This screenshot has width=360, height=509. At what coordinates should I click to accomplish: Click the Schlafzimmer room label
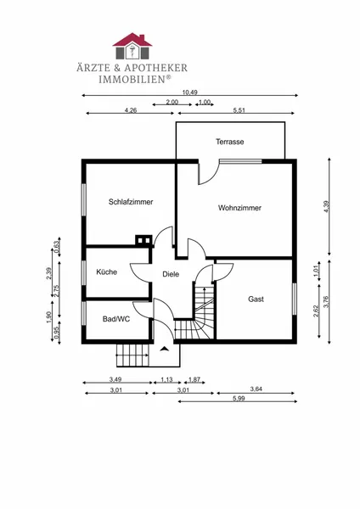coord(131,202)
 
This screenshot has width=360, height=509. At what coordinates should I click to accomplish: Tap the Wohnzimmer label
coord(239,208)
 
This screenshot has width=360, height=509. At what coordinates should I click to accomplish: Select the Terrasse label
coord(230,142)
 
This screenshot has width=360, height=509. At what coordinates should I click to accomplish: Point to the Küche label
coord(107,271)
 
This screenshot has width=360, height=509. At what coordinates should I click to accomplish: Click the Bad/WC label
coord(116,319)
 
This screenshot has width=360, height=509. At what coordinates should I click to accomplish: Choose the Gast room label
coord(256,299)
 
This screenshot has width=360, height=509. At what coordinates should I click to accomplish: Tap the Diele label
coord(171,274)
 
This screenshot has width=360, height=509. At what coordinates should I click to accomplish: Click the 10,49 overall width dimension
coord(189,92)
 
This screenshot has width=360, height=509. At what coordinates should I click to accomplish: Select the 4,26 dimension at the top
coord(131,110)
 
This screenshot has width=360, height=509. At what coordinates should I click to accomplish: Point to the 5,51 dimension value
coord(239,110)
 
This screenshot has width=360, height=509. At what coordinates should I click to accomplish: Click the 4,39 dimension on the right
coord(326,207)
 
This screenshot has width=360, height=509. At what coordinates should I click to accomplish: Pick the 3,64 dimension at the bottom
coord(256,389)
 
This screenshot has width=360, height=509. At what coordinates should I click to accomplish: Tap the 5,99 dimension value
coord(239,399)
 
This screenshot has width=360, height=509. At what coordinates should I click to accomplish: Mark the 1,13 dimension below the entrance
coord(166,379)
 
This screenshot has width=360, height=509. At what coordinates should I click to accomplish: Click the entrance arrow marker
coord(165,349)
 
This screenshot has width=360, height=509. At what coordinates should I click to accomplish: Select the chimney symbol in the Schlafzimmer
coord(143,240)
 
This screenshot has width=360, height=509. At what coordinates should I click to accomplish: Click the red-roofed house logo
coord(132,46)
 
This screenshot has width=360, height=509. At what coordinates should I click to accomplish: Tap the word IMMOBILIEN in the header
coord(132,79)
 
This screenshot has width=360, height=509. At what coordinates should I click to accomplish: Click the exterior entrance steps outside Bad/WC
coord(133,355)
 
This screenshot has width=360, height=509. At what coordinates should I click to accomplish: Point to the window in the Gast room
coord(295,299)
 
